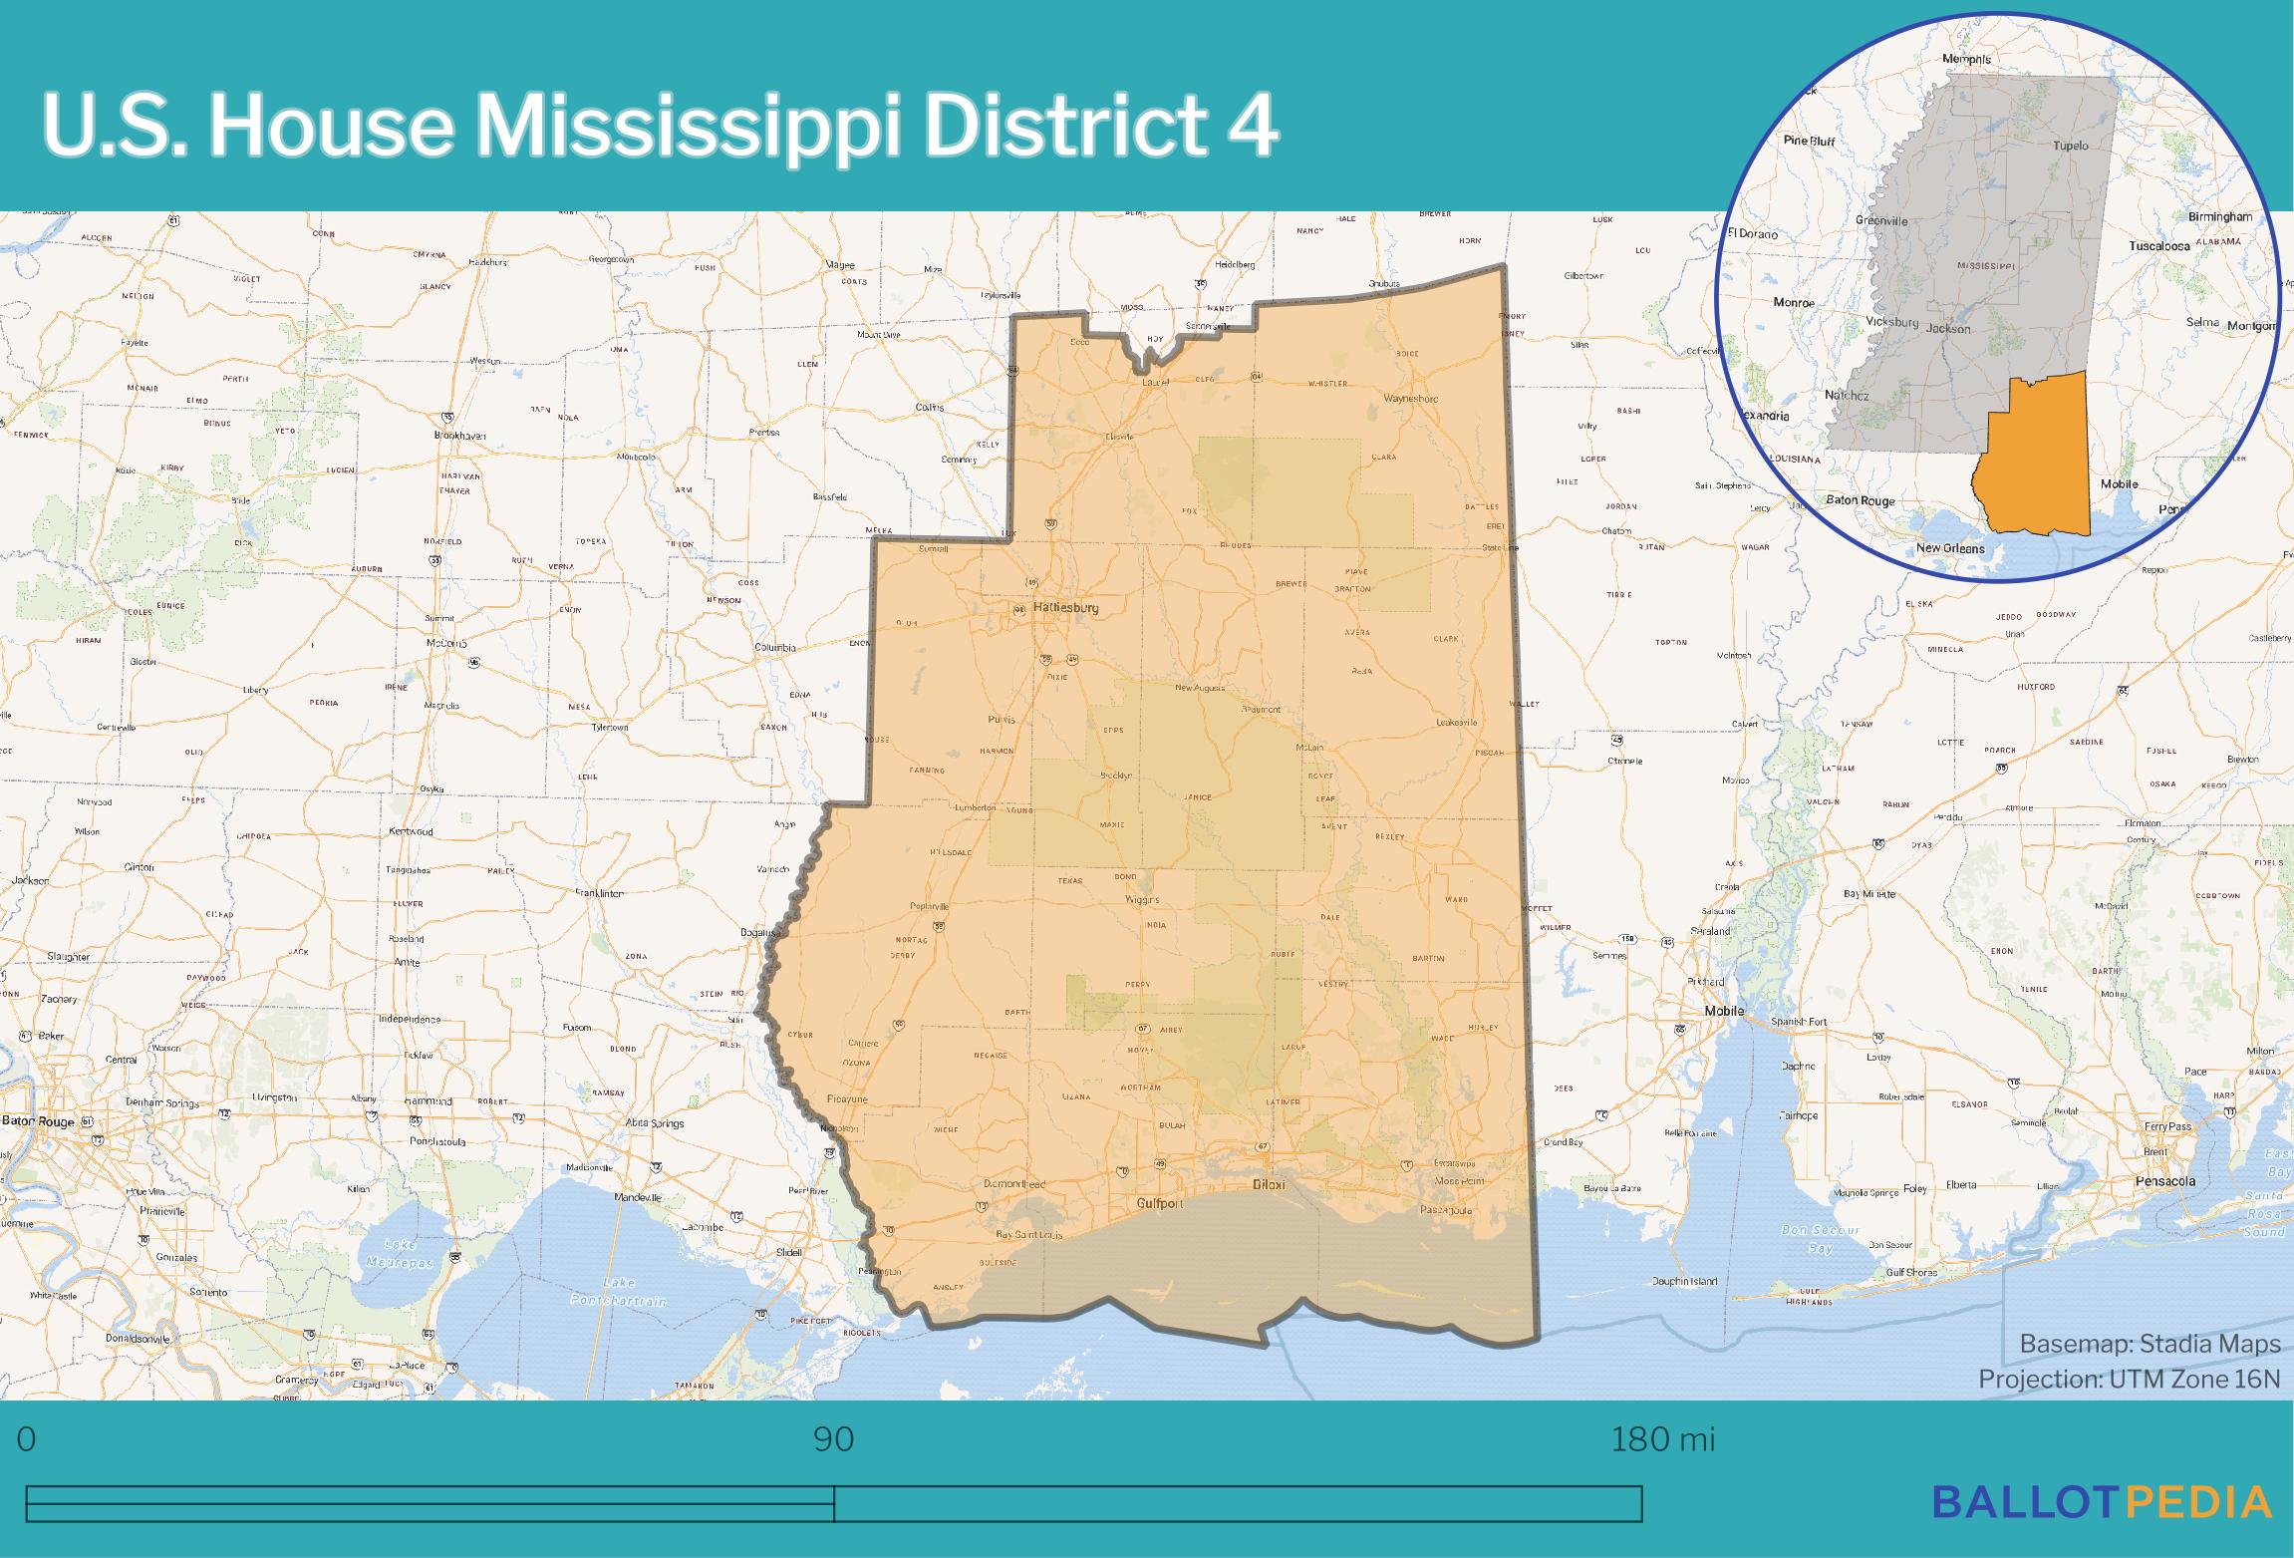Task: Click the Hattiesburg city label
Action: (x=1065, y=607)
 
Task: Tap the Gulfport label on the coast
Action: (x=1160, y=1203)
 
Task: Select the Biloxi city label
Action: (x=1269, y=1185)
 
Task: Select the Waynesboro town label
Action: (x=1411, y=398)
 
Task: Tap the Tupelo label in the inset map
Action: (x=2070, y=146)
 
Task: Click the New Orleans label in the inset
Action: (x=1950, y=548)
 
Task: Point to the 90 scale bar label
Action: (x=833, y=1439)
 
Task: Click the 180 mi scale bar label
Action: (x=1663, y=1439)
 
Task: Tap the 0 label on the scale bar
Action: (x=27, y=1439)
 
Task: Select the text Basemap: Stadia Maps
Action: (x=2150, y=1344)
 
